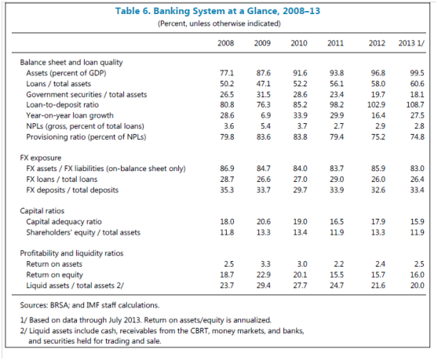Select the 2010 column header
[x=299, y=43]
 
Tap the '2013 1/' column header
[x=411, y=43]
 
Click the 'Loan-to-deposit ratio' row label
[x=62, y=105]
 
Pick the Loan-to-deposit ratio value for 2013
[x=415, y=105]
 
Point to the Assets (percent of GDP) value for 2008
[x=227, y=73]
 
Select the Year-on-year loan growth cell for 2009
[x=265, y=115]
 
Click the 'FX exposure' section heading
[x=41, y=158]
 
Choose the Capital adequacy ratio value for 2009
[x=264, y=222]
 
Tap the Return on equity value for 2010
[x=301, y=275]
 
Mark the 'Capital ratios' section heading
[x=42, y=211]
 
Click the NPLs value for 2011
[x=339, y=126]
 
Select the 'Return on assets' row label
[x=54, y=264]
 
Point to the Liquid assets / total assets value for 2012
[x=378, y=285]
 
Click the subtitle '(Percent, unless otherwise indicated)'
[x=219, y=24]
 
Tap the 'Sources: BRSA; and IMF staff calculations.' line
[x=89, y=305]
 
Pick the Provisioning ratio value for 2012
[x=378, y=137]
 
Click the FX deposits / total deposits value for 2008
[x=227, y=190]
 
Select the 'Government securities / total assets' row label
[x=86, y=95]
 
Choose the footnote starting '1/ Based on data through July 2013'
[x=145, y=320]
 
